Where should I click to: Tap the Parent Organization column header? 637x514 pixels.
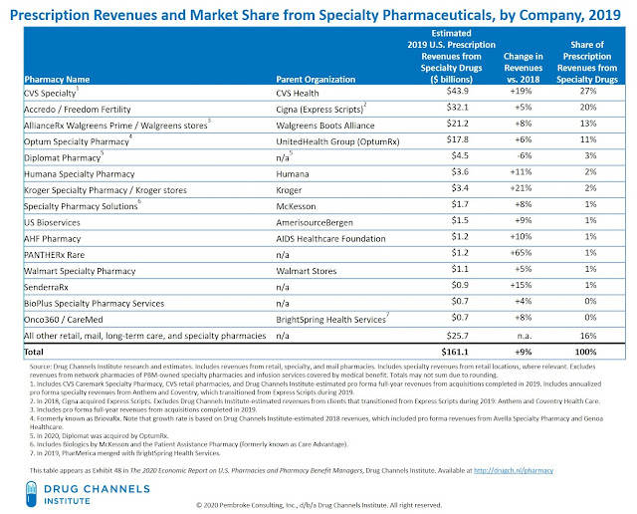(x=315, y=78)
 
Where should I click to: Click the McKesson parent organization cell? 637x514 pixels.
(x=297, y=204)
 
